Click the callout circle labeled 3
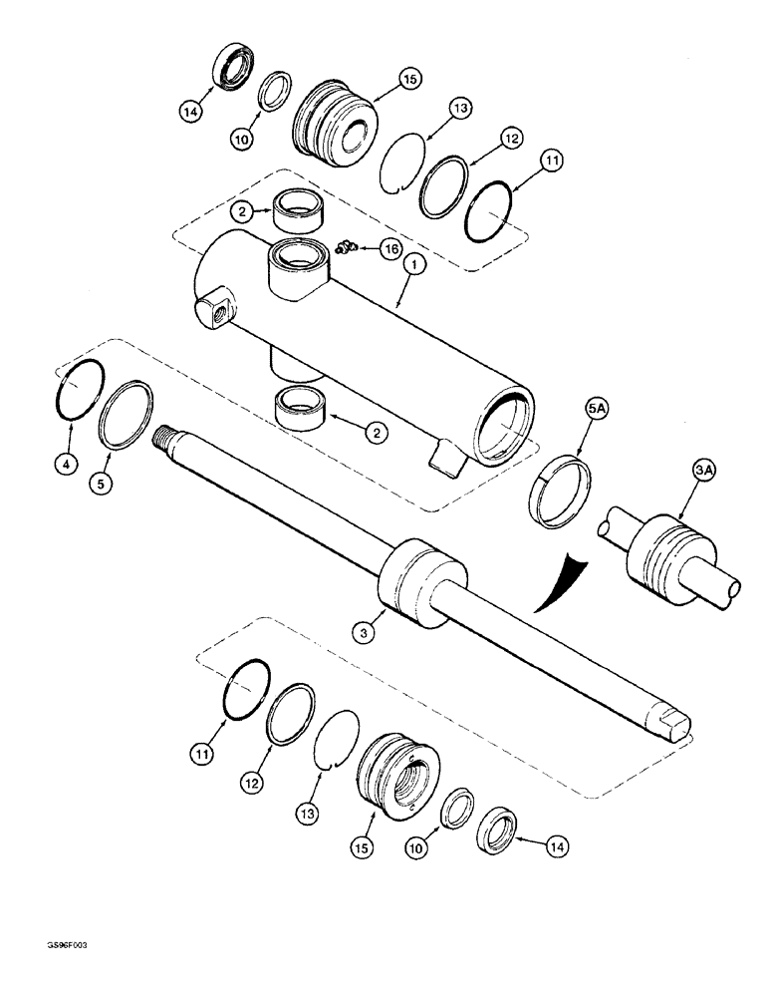[365, 630]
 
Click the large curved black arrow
[554, 587]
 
